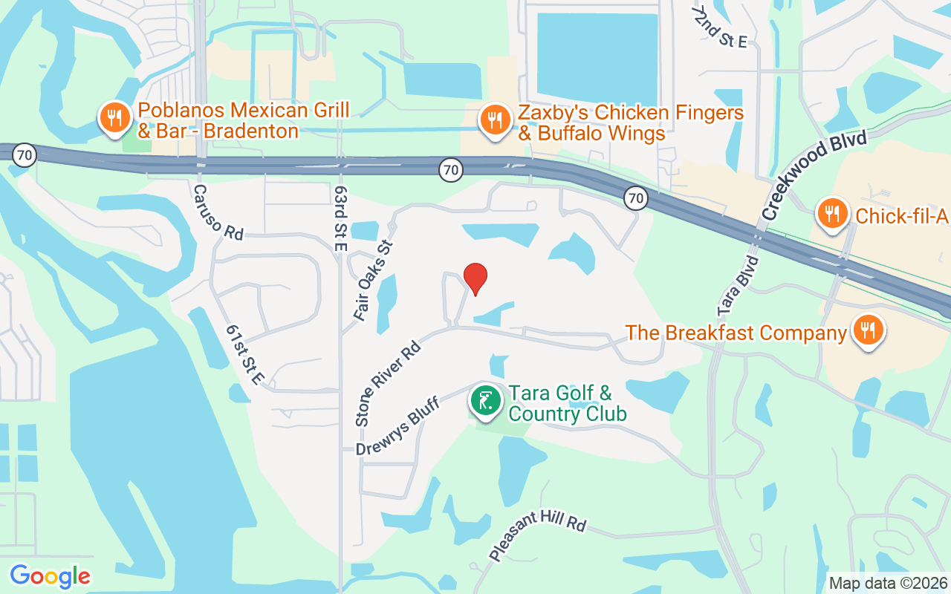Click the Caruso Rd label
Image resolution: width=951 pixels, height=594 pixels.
click(218, 212)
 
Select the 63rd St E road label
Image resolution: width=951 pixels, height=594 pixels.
click(341, 218)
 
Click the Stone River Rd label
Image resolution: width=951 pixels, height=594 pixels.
click(388, 383)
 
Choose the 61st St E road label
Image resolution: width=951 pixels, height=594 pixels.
click(246, 355)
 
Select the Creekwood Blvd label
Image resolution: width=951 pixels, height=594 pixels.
click(814, 176)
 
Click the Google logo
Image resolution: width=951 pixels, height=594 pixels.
click(50, 576)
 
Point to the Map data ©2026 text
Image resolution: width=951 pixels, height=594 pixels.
click(889, 584)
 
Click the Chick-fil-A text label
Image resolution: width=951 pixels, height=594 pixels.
click(900, 216)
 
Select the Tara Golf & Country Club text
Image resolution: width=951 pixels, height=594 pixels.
click(568, 402)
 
